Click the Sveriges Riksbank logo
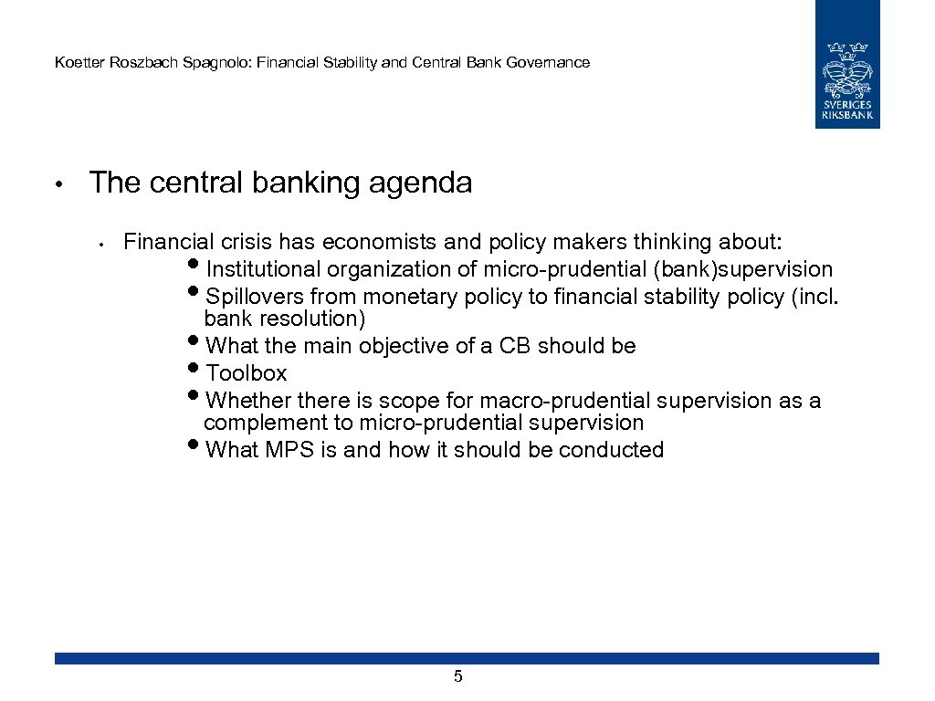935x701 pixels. pyautogui.click(x=847, y=64)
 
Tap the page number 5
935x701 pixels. pyautogui.click(x=458, y=676)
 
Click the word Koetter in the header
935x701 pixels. pyautogui.click(x=77, y=63)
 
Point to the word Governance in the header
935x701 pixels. pyautogui.click(x=551, y=63)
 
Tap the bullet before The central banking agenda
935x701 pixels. pyautogui.click(x=57, y=184)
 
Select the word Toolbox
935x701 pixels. pyautogui.click(x=247, y=373)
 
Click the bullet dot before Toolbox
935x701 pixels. pyautogui.click(x=198, y=371)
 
